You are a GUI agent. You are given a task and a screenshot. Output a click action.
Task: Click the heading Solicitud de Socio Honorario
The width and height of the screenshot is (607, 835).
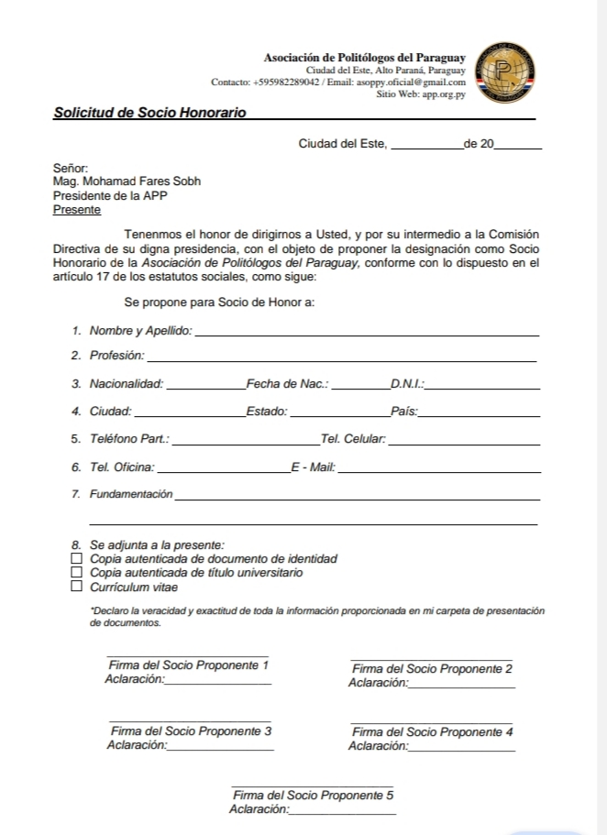click(x=149, y=113)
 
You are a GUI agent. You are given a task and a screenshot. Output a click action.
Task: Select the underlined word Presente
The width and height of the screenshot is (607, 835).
click(x=77, y=210)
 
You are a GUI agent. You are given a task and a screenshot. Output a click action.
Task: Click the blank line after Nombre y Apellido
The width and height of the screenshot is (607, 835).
click(x=368, y=334)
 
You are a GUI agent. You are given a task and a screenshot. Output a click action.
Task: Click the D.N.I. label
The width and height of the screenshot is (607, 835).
click(x=407, y=384)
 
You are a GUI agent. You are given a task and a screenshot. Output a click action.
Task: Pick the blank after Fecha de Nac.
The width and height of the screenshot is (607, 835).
click(x=359, y=388)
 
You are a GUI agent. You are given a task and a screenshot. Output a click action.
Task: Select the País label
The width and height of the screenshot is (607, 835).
click(x=403, y=412)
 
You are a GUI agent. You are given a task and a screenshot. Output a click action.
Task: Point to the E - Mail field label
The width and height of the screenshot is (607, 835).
click(x=313, y=468)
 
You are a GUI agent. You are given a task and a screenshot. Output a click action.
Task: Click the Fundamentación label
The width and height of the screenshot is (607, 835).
click(x=130, y=495)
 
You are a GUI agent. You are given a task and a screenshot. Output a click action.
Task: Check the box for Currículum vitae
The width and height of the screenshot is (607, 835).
click(x=77, y=587)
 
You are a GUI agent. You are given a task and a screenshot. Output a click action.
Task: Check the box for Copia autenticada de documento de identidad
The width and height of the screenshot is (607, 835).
click(x=77, y=558)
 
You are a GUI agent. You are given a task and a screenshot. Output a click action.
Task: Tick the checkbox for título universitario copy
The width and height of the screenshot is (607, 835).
click(x=77, y=573)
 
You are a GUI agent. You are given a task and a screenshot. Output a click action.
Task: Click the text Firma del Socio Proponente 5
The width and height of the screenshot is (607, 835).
click(x=314, y=796)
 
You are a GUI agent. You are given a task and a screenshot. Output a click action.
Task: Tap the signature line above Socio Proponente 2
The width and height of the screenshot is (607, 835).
click(x=431, y=659)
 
